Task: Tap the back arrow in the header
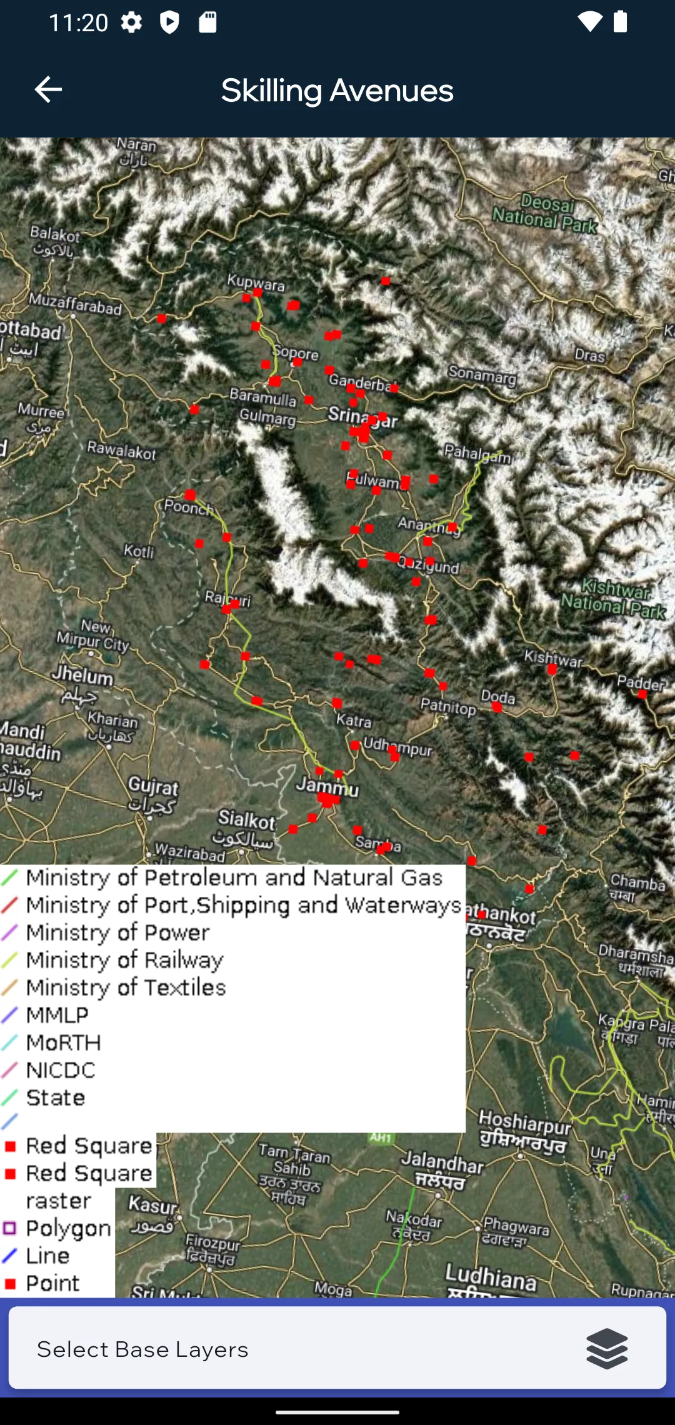coord(48,90)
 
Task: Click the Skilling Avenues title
coord(337,91)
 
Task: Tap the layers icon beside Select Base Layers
coord(607,1349)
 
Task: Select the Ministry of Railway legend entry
coord(124,960)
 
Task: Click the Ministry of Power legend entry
coord(117,932)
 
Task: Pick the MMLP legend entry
coord(57,1015)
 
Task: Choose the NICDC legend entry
coord(61,1070)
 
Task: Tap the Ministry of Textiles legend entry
coord(126,987)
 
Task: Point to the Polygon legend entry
coord(67,1228)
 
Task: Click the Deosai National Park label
coord(545,212)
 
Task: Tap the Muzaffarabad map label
coord(75,304)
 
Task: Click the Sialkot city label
coord(247,820)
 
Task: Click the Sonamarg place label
coord(482,375)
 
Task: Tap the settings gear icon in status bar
coord(131,22)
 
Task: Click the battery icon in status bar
coord(620,22)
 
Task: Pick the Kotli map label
coord(139,551)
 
